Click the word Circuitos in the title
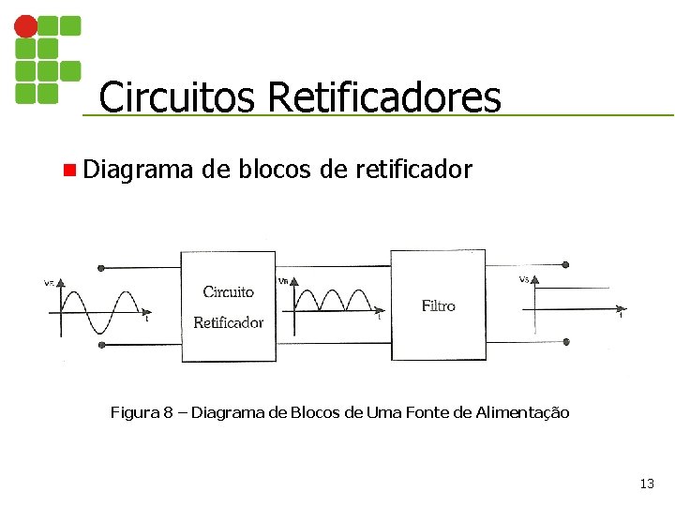pyautogui.click(x=178, y=97)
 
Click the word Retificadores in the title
pyautogui.click(x=383, y=97)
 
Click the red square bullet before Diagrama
pyautogui.click(x=68, y=171)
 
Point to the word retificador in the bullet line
pyautogui.click(x=412, y=170)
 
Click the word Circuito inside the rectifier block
pyautogui.click(x=228, y=291)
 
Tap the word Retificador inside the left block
pyautogui.click(x=228, y=322)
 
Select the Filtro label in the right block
pyautogui.click(x=438, y=305)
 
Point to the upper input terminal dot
pyautogui.click(x=101, y=267)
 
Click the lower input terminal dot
pyautogui.click(x=101, y=345)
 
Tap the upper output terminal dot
pyautogui.click(x=564, y=265)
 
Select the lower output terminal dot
pyautogui.click(x=564, y=344)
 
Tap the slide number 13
pyautogui.click(x=646, y=484)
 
